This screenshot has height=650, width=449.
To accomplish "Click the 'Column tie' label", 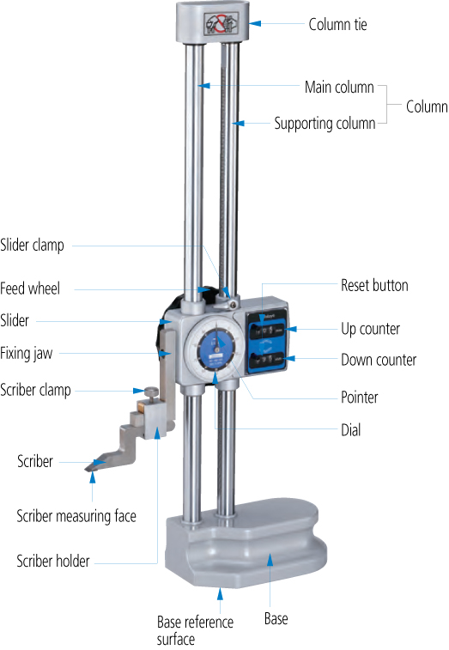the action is [x=337, y=24].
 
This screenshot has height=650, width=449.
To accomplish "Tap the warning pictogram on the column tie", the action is [x=221, y=23].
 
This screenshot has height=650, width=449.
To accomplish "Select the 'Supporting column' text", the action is [x=325, y=124].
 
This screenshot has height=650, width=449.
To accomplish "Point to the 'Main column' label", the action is [x=339, y=87].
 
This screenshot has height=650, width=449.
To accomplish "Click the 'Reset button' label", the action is [x=374, y=285].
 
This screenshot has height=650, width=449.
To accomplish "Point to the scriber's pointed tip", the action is [x=86, y=470].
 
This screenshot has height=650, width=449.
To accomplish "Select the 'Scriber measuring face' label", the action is [x=76, y=516].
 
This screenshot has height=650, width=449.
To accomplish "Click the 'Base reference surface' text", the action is [x=195, y=630].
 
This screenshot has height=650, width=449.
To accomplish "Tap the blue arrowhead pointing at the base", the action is [x=270, y=560].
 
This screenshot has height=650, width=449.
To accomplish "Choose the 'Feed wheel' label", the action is [x=30, y=289].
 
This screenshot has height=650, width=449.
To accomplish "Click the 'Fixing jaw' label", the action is [x=26, y=354].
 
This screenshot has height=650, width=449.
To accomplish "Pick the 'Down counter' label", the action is [x=379, y=360].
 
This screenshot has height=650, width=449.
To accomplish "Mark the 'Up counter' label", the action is [x=370, y=329].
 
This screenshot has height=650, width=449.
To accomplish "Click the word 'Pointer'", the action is [x=360, y=398].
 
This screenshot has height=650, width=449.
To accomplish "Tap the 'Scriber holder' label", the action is [x=53, y=561].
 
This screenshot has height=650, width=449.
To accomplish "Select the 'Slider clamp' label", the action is [x=32, y=245].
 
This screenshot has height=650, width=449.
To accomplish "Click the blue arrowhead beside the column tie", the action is [x=255, y=23].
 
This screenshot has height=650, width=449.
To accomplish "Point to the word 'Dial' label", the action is [x=351, y=430].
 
